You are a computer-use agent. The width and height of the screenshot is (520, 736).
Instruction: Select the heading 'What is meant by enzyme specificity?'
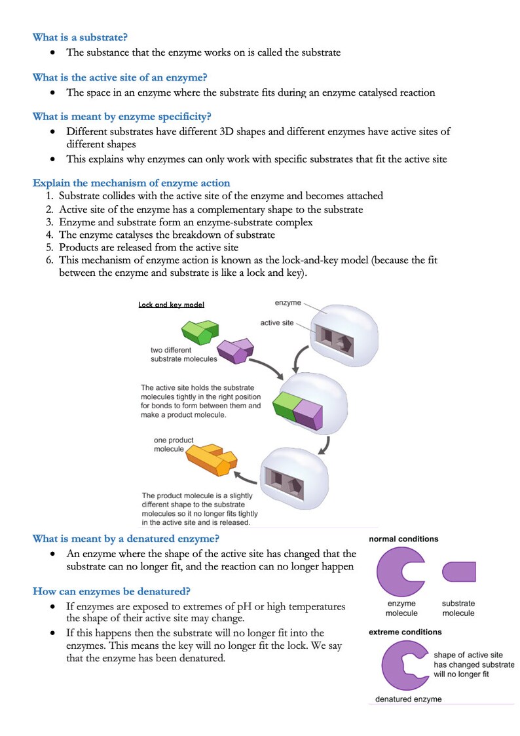(x=122, y=117)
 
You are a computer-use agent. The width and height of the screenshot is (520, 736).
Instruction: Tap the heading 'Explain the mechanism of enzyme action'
(x=131, y=182)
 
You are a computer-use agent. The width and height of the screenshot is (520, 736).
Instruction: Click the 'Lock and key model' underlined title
(x=172, y=305)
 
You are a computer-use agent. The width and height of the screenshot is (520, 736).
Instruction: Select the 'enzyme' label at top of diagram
(x=288, y=303)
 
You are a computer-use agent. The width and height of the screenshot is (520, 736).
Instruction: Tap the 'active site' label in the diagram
(x=277, y=323)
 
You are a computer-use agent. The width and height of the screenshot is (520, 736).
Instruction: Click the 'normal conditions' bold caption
(x=403, y=539)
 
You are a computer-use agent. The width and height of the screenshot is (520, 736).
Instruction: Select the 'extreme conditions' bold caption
(x=405, y=632)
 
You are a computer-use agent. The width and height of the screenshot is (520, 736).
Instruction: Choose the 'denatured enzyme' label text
(x=408, y=699)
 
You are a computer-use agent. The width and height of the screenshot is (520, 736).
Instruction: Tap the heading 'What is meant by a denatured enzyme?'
(x=126, y=539)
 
